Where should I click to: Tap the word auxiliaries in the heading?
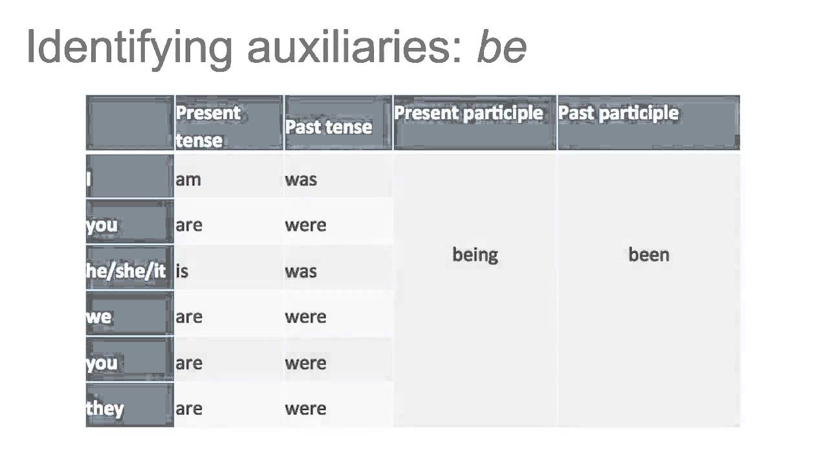coord(355,47)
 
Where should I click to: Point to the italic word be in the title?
coord(501,47)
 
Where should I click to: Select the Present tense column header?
coord(208,126)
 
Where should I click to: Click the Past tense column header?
coord(328,126)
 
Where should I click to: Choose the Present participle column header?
coord(468,113)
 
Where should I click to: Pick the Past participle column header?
coord(618,113)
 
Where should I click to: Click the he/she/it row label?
coord(126,271)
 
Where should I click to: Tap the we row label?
coord(99,316)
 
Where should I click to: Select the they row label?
coord(105,408)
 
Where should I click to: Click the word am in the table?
coord(188,179)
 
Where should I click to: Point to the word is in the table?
coord(182,271)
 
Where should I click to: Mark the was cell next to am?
coord(301,179)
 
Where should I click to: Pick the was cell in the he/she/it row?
coord(301,271)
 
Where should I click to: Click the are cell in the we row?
coord(189,316)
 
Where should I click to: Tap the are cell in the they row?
coord(189,408)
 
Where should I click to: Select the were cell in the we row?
coord(305,316)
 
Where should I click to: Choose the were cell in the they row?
coord(305,408)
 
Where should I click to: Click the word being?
coord(475,254)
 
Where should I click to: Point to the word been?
coord(648,254)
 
